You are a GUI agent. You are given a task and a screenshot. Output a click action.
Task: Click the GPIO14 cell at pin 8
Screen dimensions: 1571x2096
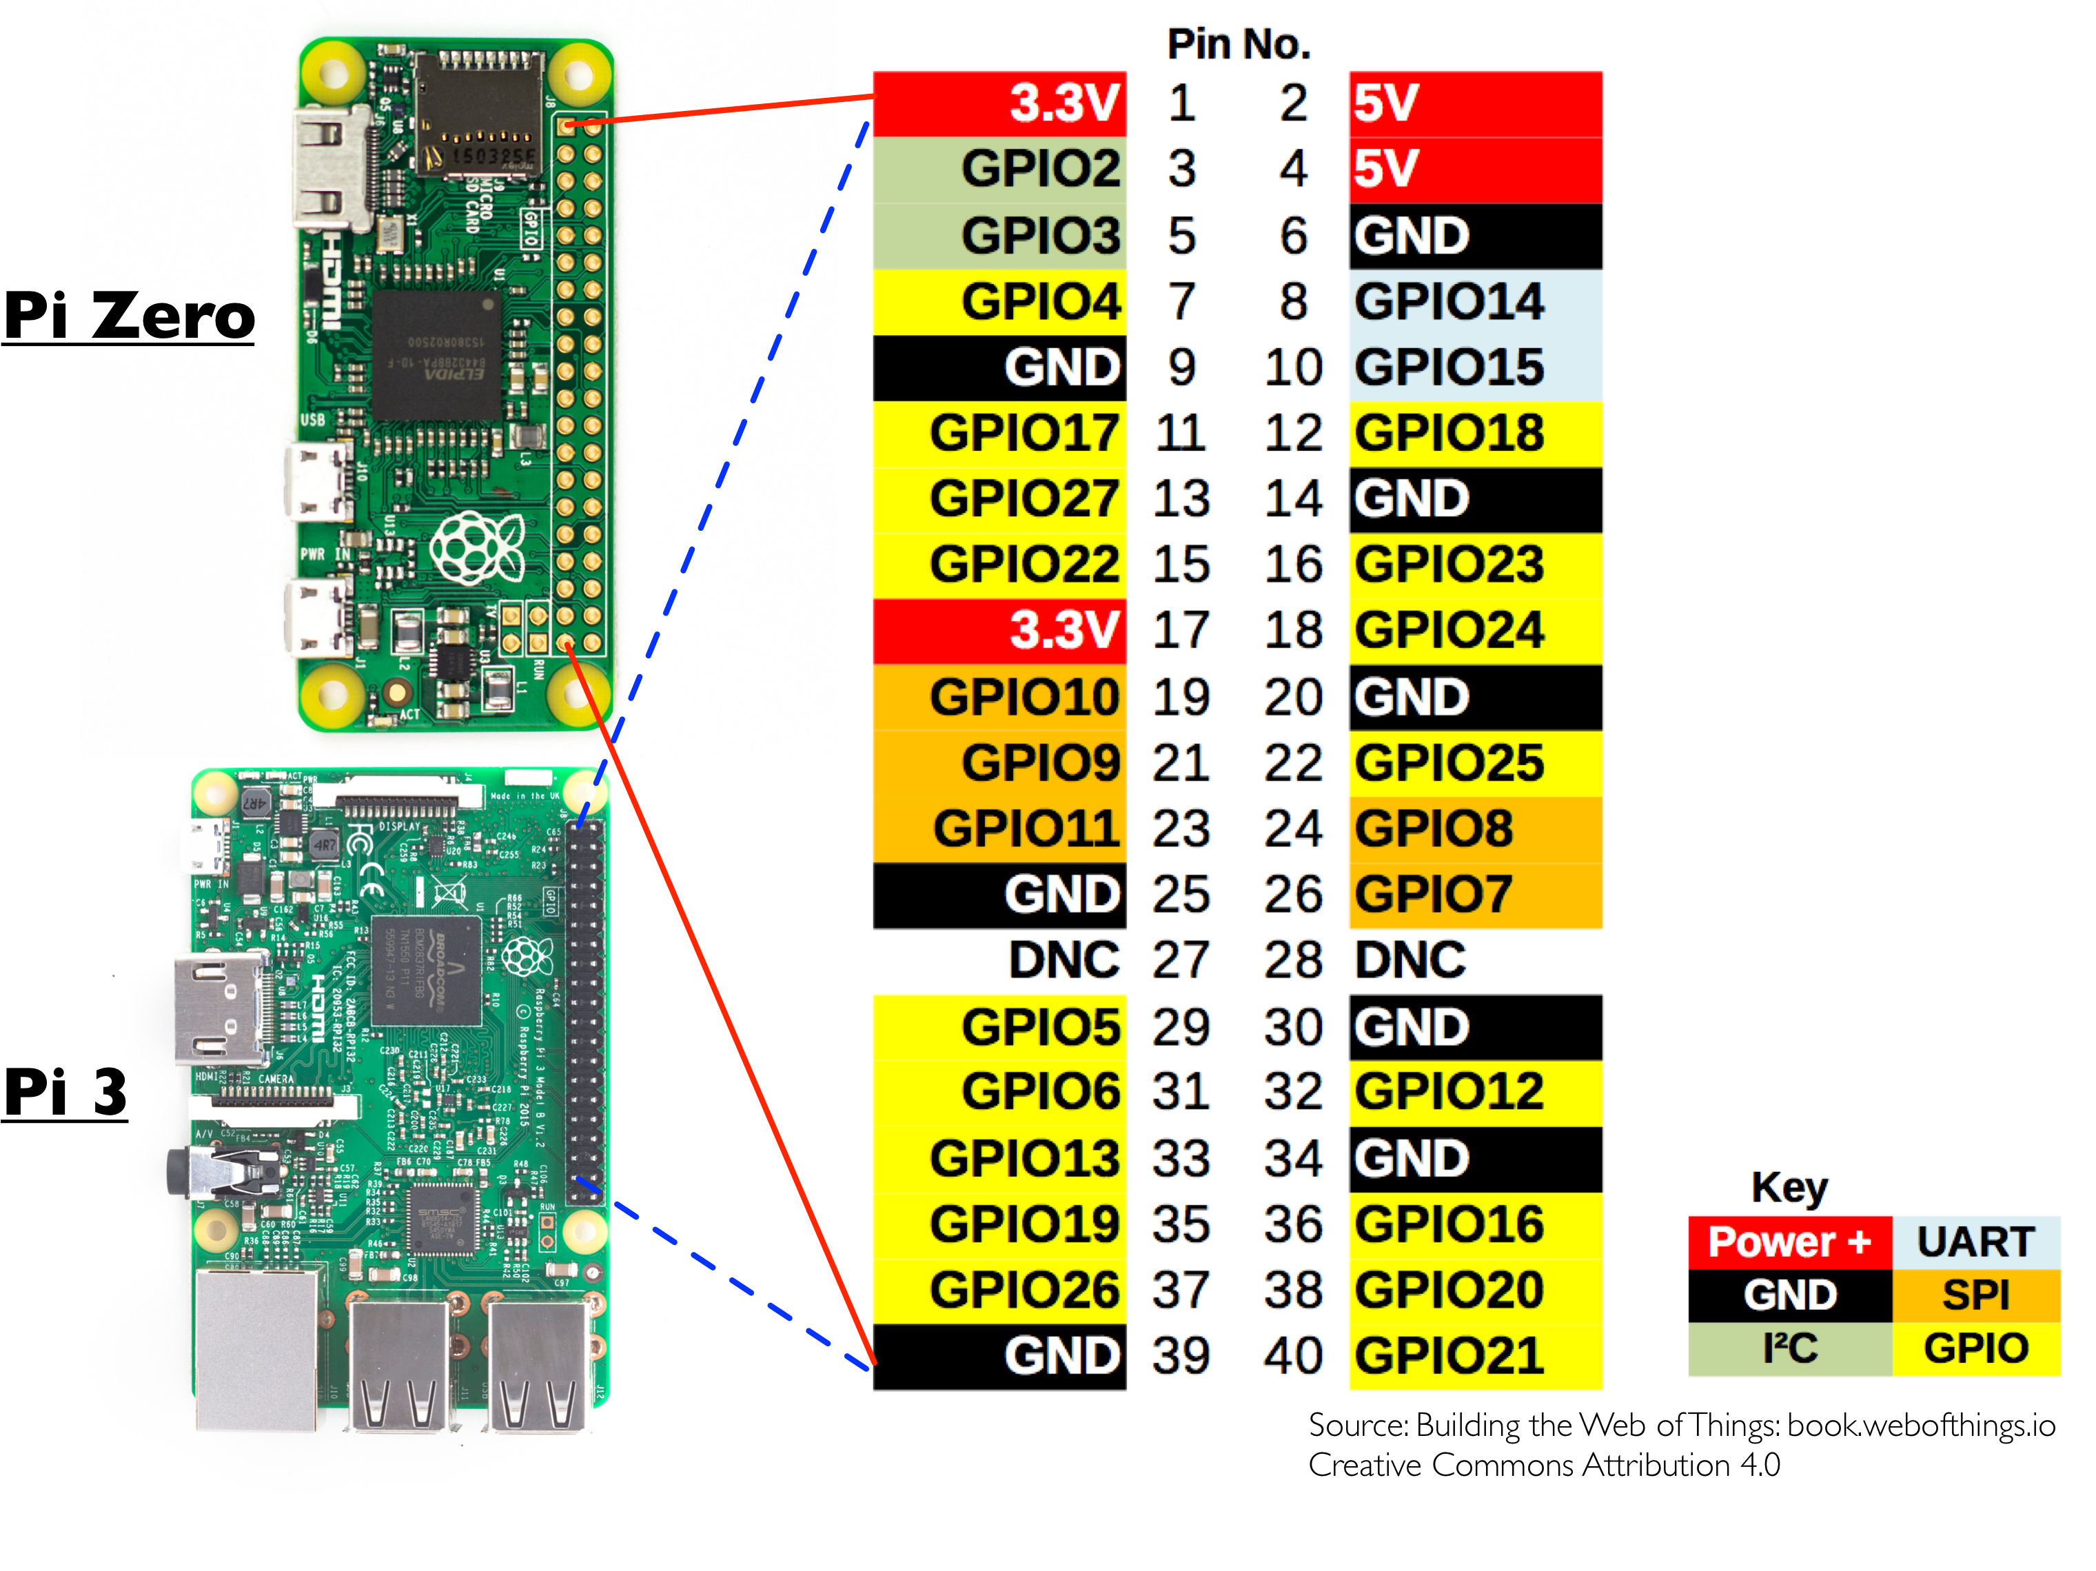[x=1474, y=302]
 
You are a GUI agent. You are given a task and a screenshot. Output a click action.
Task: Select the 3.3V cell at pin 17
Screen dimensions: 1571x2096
[x=999, y=631]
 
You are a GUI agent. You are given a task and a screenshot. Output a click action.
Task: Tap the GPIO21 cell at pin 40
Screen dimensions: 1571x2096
[x=1474, y=1356]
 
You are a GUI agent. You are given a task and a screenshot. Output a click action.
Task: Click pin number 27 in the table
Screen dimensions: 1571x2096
[x=1181, y=961]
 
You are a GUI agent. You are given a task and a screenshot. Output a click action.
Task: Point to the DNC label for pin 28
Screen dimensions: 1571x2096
[x=1410, y=961]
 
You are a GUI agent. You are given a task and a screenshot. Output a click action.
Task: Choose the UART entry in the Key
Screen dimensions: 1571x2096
[x=1975, y=1242]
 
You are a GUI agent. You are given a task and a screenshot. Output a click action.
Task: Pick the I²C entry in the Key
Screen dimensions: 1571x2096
[x=1789, y=1348]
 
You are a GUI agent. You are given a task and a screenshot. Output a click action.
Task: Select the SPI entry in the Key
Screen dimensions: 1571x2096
[x=1975, y=1295]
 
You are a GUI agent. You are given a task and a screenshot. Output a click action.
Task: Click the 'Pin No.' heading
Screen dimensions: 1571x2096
[x=1239, y=45]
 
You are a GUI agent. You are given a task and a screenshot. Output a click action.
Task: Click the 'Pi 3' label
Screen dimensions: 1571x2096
[x=64, y=1091]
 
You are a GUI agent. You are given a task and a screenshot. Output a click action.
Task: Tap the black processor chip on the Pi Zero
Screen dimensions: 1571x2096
[x=435, y=355]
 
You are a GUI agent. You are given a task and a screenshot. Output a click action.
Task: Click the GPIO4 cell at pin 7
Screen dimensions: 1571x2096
[x=999, y=302]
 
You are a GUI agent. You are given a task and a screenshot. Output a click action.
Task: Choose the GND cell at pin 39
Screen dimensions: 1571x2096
[x=999, y=1356]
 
